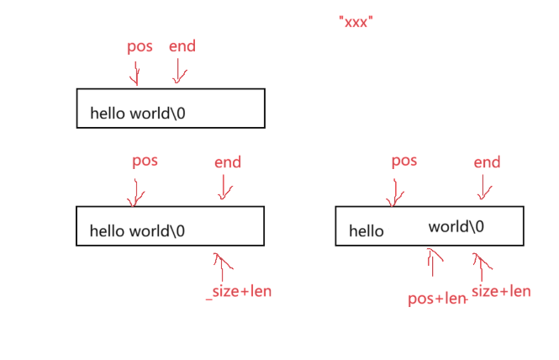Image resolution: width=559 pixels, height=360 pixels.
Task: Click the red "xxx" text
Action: click(356, 22)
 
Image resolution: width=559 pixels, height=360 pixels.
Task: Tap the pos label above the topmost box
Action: click(140, 46)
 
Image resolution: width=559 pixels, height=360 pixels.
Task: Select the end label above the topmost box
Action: click(182, 46)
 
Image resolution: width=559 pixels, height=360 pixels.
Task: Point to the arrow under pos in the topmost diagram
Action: click(134, 73)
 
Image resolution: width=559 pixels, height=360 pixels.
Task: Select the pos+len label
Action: click(436, 299)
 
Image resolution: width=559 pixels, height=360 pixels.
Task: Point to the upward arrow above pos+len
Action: click(434, 262)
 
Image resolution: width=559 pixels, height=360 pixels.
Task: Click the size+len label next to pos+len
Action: click(501, 291)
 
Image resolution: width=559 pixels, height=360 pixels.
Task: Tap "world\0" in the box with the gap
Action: click(456, 227)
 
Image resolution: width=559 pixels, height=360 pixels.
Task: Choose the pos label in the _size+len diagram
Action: click(145, 161)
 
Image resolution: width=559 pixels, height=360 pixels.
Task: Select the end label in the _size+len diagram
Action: click(227, 162)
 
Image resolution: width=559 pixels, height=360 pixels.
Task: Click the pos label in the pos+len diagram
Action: click(404, 161)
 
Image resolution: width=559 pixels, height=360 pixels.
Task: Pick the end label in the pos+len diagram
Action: click(487, 162)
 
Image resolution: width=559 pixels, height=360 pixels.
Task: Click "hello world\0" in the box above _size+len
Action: click(138, 230)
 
